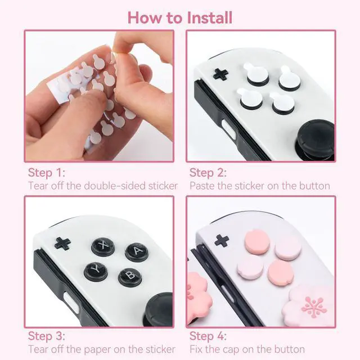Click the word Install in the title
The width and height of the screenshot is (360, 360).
pyautogui.click(x=209, y=17)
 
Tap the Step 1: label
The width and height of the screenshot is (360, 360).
pyautogui.click(x=47, y=173)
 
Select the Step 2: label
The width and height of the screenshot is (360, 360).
pyautogui.click(x=208, y=173)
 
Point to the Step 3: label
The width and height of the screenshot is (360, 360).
pyautogui.click(x=47, y=336)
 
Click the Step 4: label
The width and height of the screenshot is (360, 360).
pyautogui.click(x=208, y=336)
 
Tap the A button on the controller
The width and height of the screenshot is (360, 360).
pyautogui.click(x=137, y=252)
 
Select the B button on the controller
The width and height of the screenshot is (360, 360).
pyautogui.click(x=130, y=277)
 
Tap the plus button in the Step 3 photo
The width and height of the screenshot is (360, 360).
pyautogui.click(x=62, y=244)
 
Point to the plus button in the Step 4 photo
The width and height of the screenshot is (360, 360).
pyautogui.click(x=222, y=241)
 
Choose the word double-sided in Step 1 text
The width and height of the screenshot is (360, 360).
pyautogui.click(x=115, y=186)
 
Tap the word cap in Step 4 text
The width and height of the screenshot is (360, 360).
pyautogui.click(x=231, y=350)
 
